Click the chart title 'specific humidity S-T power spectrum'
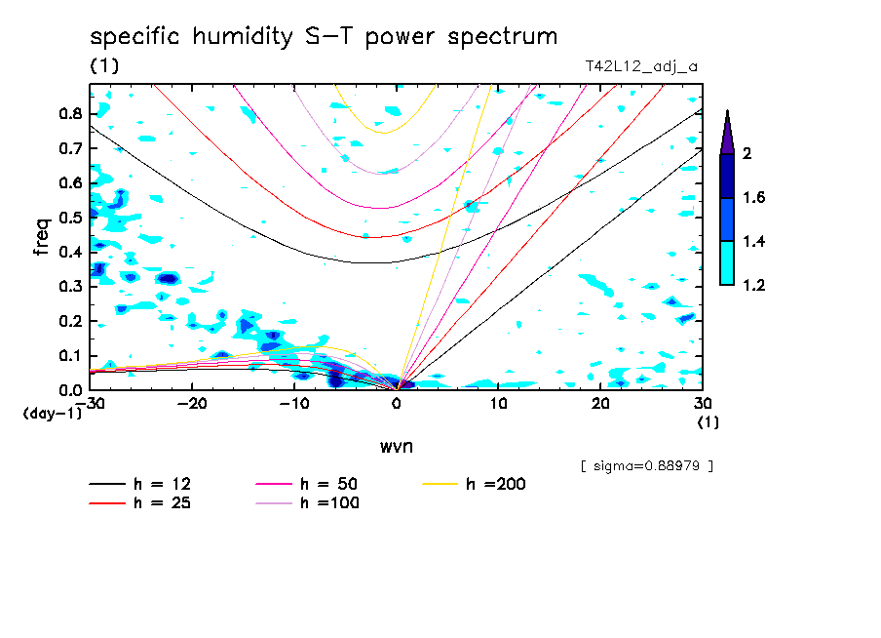324,37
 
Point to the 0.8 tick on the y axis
70,114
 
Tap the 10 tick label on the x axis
498,404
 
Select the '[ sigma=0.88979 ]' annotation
646,465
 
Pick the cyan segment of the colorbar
727,262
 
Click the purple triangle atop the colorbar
727,133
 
